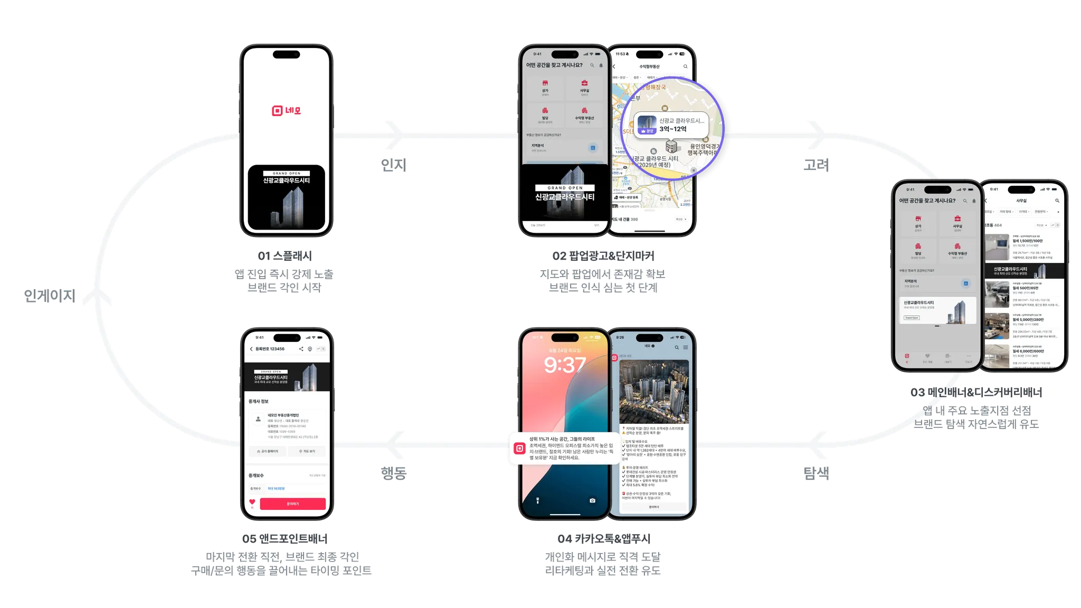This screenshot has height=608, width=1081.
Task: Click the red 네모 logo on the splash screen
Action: pos(286,110)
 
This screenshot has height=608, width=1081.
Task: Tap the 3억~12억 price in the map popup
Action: pos(673,129)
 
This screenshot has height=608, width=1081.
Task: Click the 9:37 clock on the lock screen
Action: pos(564,365)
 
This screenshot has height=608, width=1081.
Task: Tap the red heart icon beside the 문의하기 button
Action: pos(252,502)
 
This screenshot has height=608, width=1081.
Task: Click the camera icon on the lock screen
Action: pos(592,500)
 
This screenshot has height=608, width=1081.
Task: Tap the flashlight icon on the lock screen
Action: pos(537,500)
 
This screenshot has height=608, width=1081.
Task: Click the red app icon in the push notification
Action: pos(519,448)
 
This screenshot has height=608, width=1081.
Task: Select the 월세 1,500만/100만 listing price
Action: pos(1027,241)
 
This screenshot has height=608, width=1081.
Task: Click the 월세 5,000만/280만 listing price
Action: pos(1028,319)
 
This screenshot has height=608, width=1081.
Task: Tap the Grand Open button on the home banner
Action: pos(912,318)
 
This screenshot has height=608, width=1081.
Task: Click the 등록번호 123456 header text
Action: pos(270,349)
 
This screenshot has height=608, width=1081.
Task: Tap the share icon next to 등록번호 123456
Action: pos(301,349)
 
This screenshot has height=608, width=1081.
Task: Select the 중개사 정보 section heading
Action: pos(259,401)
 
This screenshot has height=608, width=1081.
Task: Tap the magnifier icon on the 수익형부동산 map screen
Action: pos(685,66)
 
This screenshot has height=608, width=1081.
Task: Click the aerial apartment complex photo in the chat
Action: pos(653,392)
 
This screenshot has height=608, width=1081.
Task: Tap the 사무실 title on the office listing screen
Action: pos(1021,201)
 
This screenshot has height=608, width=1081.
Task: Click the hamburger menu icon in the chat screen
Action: pos(685,347)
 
